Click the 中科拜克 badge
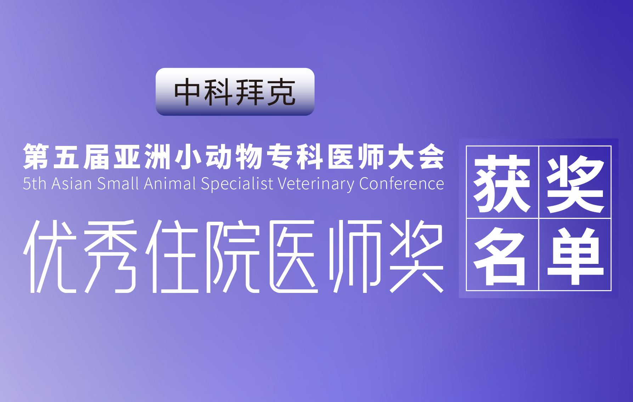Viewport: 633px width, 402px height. [x=235, y=92]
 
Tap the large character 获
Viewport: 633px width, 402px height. [x=502, y=183]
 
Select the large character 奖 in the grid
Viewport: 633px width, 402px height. [x=575, y=183]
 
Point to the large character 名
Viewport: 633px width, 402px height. [x=500, y=256]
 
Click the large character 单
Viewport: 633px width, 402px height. [x=575, y=256]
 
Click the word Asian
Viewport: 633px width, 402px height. [x=72, y=183]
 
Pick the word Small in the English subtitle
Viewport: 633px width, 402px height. [x=118, y=183]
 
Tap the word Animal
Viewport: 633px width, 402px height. [x=170, y=183]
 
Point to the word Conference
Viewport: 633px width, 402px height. [x=401, y=183]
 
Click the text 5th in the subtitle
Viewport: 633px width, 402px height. [x=34, y=183]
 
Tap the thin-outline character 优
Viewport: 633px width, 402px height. [x=50, y=256]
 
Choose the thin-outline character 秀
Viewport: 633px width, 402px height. [x=111, y=256]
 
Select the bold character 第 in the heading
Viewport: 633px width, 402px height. [x=36, y=157]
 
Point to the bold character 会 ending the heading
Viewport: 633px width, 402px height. [x=431, y=157]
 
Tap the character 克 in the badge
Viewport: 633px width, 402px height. [x=281, y=92]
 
